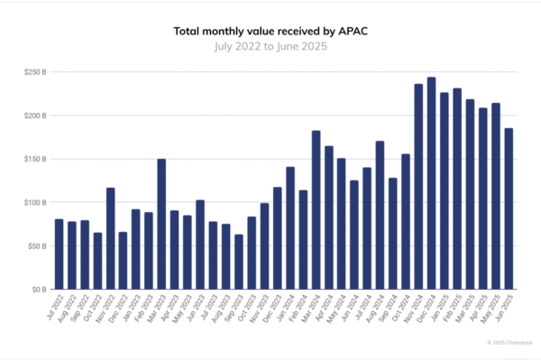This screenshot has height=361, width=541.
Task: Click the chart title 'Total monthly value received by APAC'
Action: tap(270, 31)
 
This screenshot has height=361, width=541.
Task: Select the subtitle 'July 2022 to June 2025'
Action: tap(270, 45)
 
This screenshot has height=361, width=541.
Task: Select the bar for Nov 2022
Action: tap(110, 239)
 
